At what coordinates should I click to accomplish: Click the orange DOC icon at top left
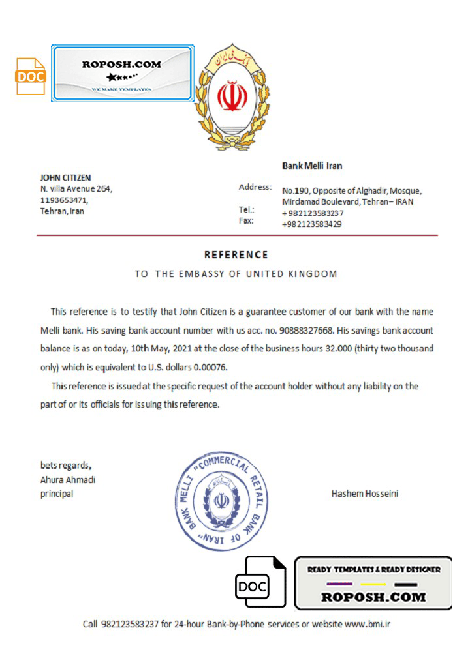(x=31, y=76)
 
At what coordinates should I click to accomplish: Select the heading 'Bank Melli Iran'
(x=312, y=166)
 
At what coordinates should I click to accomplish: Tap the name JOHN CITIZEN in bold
(x=65, y=177)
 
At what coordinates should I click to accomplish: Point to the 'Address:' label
(x=255, y=187)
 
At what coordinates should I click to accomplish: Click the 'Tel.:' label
(x=247, y=210)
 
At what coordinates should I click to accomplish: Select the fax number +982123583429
(x=312, y=224)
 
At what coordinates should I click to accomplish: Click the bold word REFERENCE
(x=236, y=254)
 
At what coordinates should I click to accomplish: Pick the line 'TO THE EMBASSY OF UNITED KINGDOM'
(x=236, y=274)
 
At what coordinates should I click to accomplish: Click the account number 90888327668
(x=306, y=331)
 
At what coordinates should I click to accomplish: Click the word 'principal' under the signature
(x=57, y=494)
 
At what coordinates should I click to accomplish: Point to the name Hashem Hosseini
(x=365, y=494)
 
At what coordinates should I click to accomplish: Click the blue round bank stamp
(x=221, y=501)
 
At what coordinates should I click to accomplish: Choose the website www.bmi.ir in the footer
(x=367, y=624)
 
